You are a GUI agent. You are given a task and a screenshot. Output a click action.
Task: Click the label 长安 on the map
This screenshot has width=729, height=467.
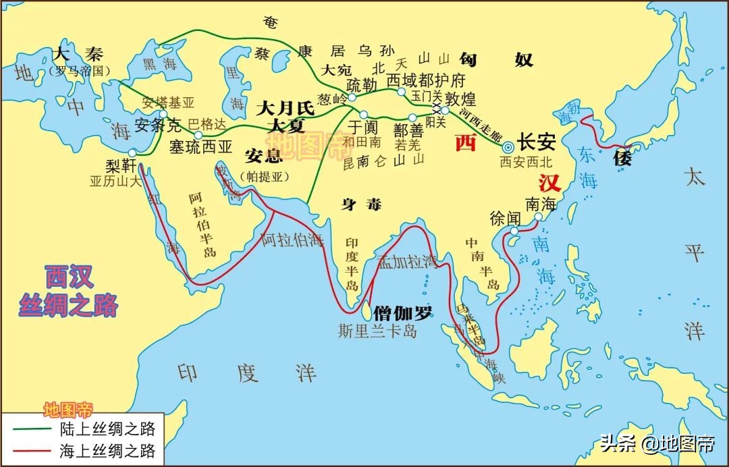pos(537,143)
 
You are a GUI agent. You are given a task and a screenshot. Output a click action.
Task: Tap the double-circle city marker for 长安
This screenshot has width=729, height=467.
pos(508,146)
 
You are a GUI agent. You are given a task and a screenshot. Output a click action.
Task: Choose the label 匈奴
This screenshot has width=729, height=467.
pos(496,59)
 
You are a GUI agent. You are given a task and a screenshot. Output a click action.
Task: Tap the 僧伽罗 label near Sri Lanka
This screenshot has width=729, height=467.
pos(403,312)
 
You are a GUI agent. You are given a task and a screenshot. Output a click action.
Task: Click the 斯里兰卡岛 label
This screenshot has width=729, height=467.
pos(378,331)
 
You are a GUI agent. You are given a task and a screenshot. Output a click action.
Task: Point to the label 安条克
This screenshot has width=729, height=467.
pos(159,126)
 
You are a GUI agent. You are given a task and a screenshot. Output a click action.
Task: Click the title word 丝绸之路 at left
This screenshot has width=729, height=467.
pos(69,305)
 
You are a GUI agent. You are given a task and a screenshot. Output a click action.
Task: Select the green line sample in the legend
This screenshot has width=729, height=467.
pos(28,429)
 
